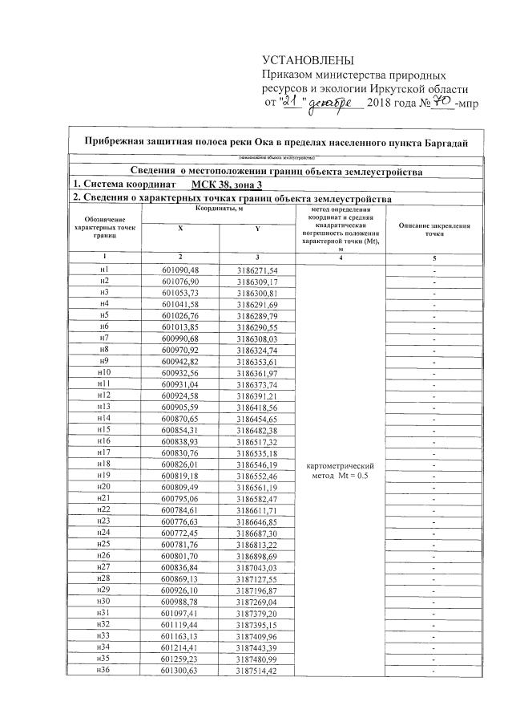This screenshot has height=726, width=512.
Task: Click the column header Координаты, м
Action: (x=217, y=209)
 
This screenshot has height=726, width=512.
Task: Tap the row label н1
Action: (x=103, y=270)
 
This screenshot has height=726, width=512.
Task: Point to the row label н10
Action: (x=103, y=373)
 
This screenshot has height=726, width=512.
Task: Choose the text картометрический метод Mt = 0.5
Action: (x=341, y=470)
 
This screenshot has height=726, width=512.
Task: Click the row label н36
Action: (x=103, y=670)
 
